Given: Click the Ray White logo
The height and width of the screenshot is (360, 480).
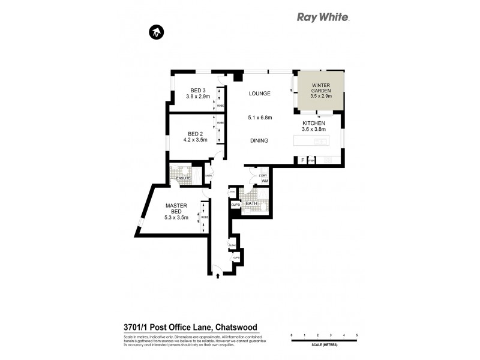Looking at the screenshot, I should click(323, 17).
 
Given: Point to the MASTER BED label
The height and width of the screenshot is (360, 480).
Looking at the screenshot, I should click(176, 208).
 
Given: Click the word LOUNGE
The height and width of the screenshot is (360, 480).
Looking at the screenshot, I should click(260, 94).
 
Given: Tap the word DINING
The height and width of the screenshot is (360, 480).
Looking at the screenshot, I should click(259, 141).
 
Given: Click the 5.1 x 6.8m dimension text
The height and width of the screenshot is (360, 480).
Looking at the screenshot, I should click(260, 118).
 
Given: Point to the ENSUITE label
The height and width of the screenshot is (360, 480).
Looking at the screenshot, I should click(184, 178).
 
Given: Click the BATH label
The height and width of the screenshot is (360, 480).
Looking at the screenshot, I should click(251, 203).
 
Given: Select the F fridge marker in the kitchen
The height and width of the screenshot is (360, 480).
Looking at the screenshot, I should click(302, 160).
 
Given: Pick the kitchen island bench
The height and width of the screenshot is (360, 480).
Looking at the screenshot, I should click(311, 142).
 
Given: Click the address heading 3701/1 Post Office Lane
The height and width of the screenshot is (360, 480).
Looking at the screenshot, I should click(186, 326).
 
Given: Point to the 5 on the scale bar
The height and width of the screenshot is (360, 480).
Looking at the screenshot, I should click(357, 335).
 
